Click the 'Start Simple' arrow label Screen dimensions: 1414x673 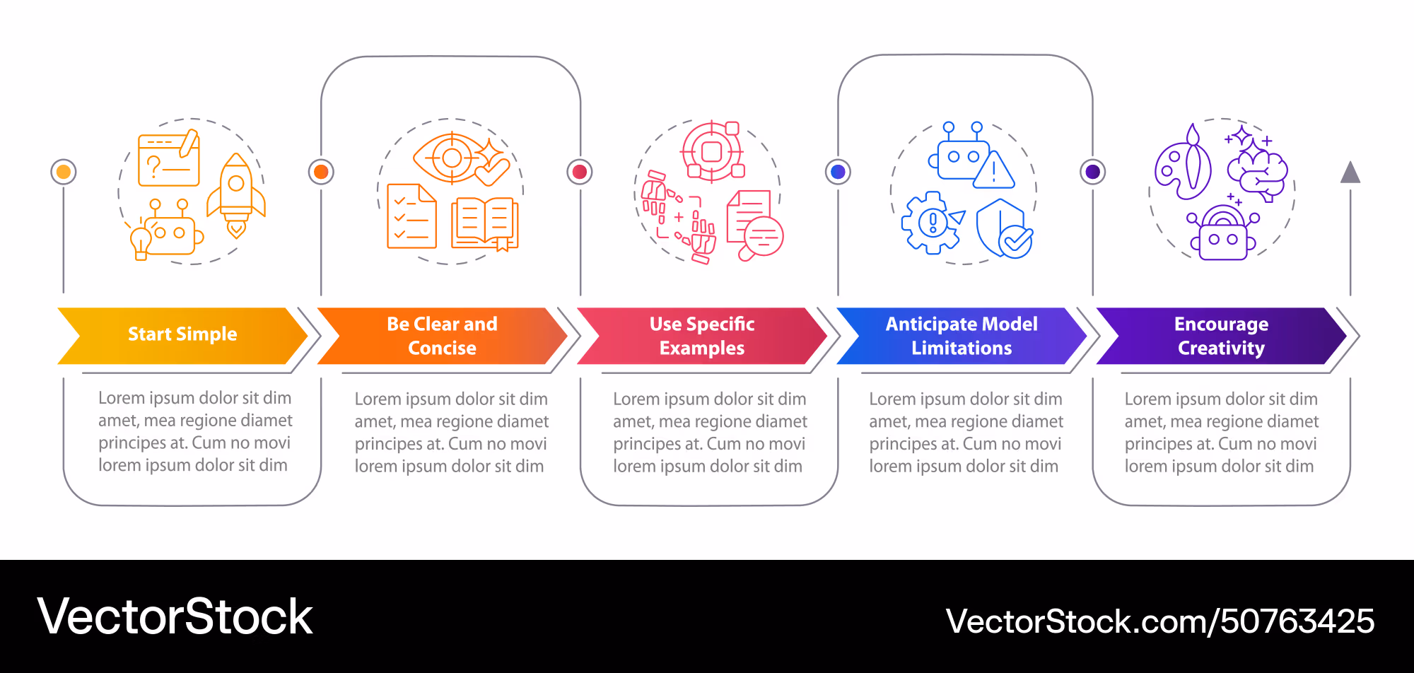click(x=182, y=334)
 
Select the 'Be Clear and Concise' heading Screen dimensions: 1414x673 click(x=442, y=336)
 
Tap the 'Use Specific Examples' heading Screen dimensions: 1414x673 click(x=702, y=336)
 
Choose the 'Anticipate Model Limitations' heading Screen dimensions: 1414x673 click(x=962, y=336)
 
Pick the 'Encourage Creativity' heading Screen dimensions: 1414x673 click(x=1221, y=336)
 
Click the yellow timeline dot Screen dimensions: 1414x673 click(x=64, y=172)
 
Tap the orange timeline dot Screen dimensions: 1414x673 click(x=321, y=172)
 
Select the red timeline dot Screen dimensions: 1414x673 click(x=580, y=172)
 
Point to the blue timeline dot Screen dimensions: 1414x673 click(x=839, y=172)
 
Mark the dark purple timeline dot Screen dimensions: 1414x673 click(x=1093, y=172)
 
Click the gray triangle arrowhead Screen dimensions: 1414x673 click(x=1350, y=172)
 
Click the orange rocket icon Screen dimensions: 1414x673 click(x=236, y=195)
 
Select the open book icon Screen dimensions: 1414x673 click(x=485, y=223)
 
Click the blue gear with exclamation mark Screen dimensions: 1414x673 click(x=933, y=223)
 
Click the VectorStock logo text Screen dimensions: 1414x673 click(x=175, y=616)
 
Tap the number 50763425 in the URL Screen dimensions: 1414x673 click(x=1297, y=621)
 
